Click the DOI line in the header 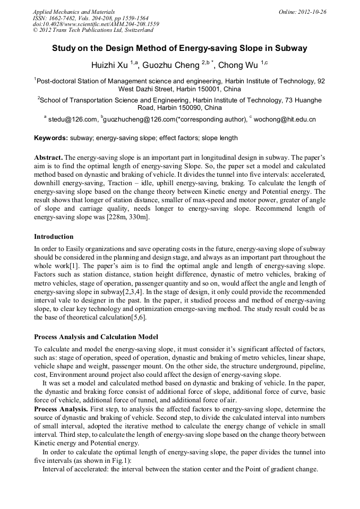pos(96,24)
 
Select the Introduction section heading pos(54,236)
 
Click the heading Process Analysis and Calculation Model pos(96,337)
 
